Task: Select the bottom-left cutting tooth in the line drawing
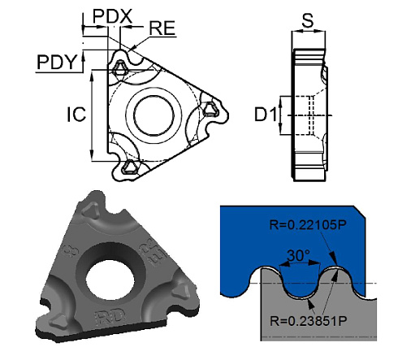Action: point(128,167)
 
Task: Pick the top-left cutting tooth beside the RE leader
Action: point(120,68)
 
